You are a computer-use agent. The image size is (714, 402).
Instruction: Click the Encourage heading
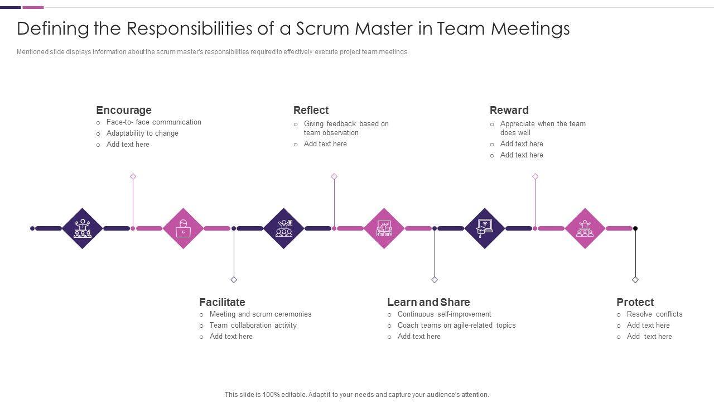(x=123, y=110)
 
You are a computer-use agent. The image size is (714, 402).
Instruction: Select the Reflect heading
(x=311, y=110)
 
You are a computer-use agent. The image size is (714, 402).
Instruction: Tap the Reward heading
(x=509, y=110)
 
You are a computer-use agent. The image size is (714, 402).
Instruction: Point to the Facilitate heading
(x=222, y=302)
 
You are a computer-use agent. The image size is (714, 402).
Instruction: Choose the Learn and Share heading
(x=428, y=302)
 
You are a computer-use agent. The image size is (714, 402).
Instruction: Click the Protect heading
(x=635, y=302)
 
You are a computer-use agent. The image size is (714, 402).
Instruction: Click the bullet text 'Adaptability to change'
(x=142, y=133)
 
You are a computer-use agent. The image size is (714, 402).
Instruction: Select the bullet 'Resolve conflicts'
(x=654, y=314)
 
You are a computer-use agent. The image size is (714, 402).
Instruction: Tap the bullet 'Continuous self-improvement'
(x=444, y=314)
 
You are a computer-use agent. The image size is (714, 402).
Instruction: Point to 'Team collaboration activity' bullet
(x=253, y=326)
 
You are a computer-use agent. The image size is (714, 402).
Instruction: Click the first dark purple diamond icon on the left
(x=83, y=228)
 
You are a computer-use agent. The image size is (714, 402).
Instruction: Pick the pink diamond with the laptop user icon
(x=183, y=228)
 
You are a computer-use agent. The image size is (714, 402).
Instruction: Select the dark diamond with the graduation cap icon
(x=484, y=228)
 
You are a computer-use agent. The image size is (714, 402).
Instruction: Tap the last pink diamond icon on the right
(x=585, y=228)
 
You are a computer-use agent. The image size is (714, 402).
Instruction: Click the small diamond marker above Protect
(x=635, y=280)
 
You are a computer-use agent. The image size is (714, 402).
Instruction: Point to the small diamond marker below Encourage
(x=133, y=176)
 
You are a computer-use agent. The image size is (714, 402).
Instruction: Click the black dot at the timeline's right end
(x=635, y=228)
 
